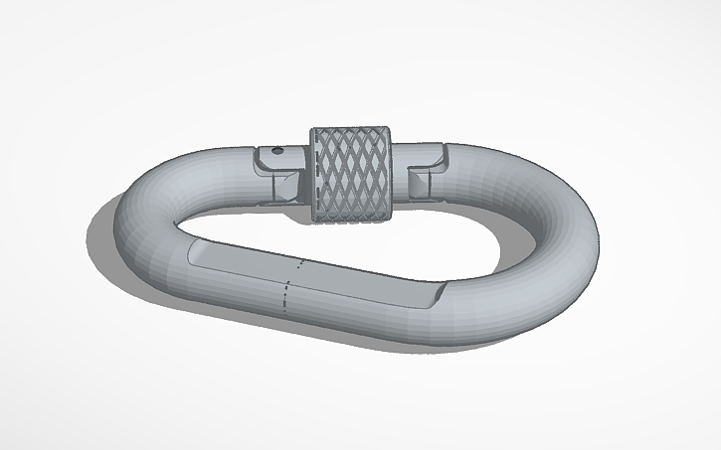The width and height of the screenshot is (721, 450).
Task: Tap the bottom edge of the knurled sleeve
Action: [353, 221]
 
